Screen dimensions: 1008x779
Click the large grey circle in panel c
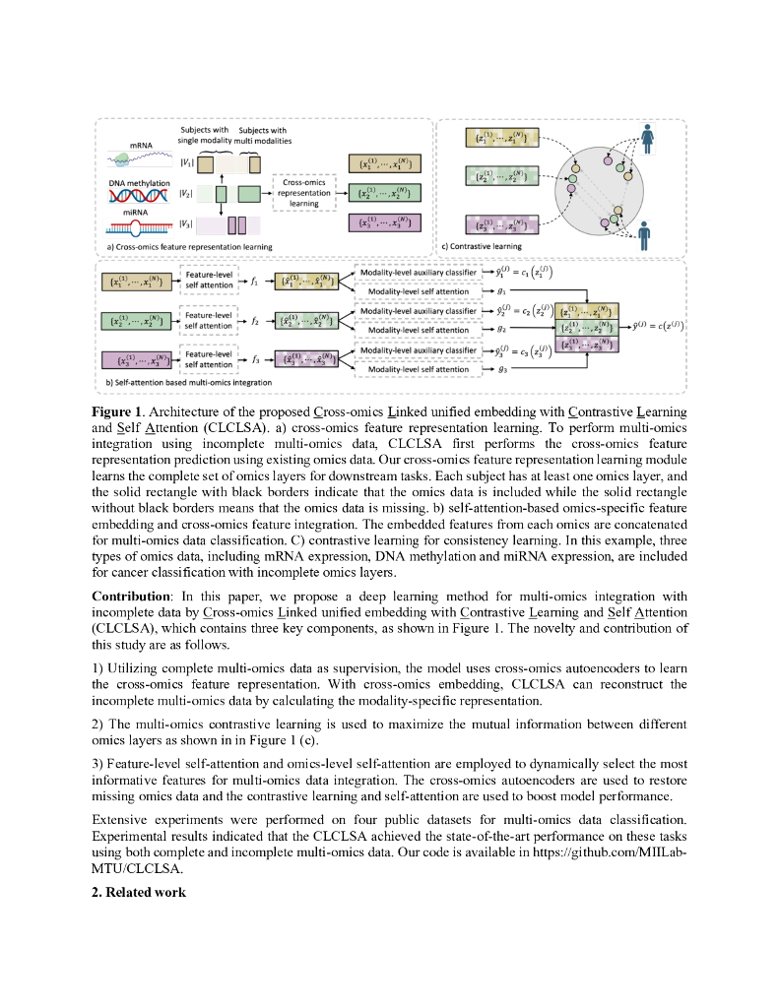(592, 186)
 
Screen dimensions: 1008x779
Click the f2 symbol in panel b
(254, 320)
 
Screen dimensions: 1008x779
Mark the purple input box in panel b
(136, 360)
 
